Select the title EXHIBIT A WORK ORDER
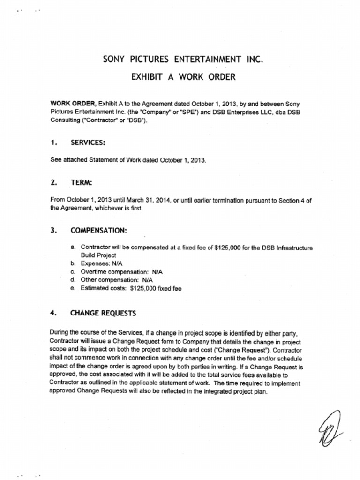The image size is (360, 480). (183, 76)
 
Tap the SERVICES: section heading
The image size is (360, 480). (88, 142)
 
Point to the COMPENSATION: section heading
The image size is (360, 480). (98, 230)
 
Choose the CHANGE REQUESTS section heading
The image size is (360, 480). (103, 313)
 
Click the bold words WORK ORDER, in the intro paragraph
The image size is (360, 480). (73, 104)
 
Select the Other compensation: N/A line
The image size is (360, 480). (114, 280)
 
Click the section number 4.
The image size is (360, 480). (53, 313)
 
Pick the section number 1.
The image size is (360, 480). (53, 142)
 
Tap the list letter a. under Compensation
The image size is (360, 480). (73, 247)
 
